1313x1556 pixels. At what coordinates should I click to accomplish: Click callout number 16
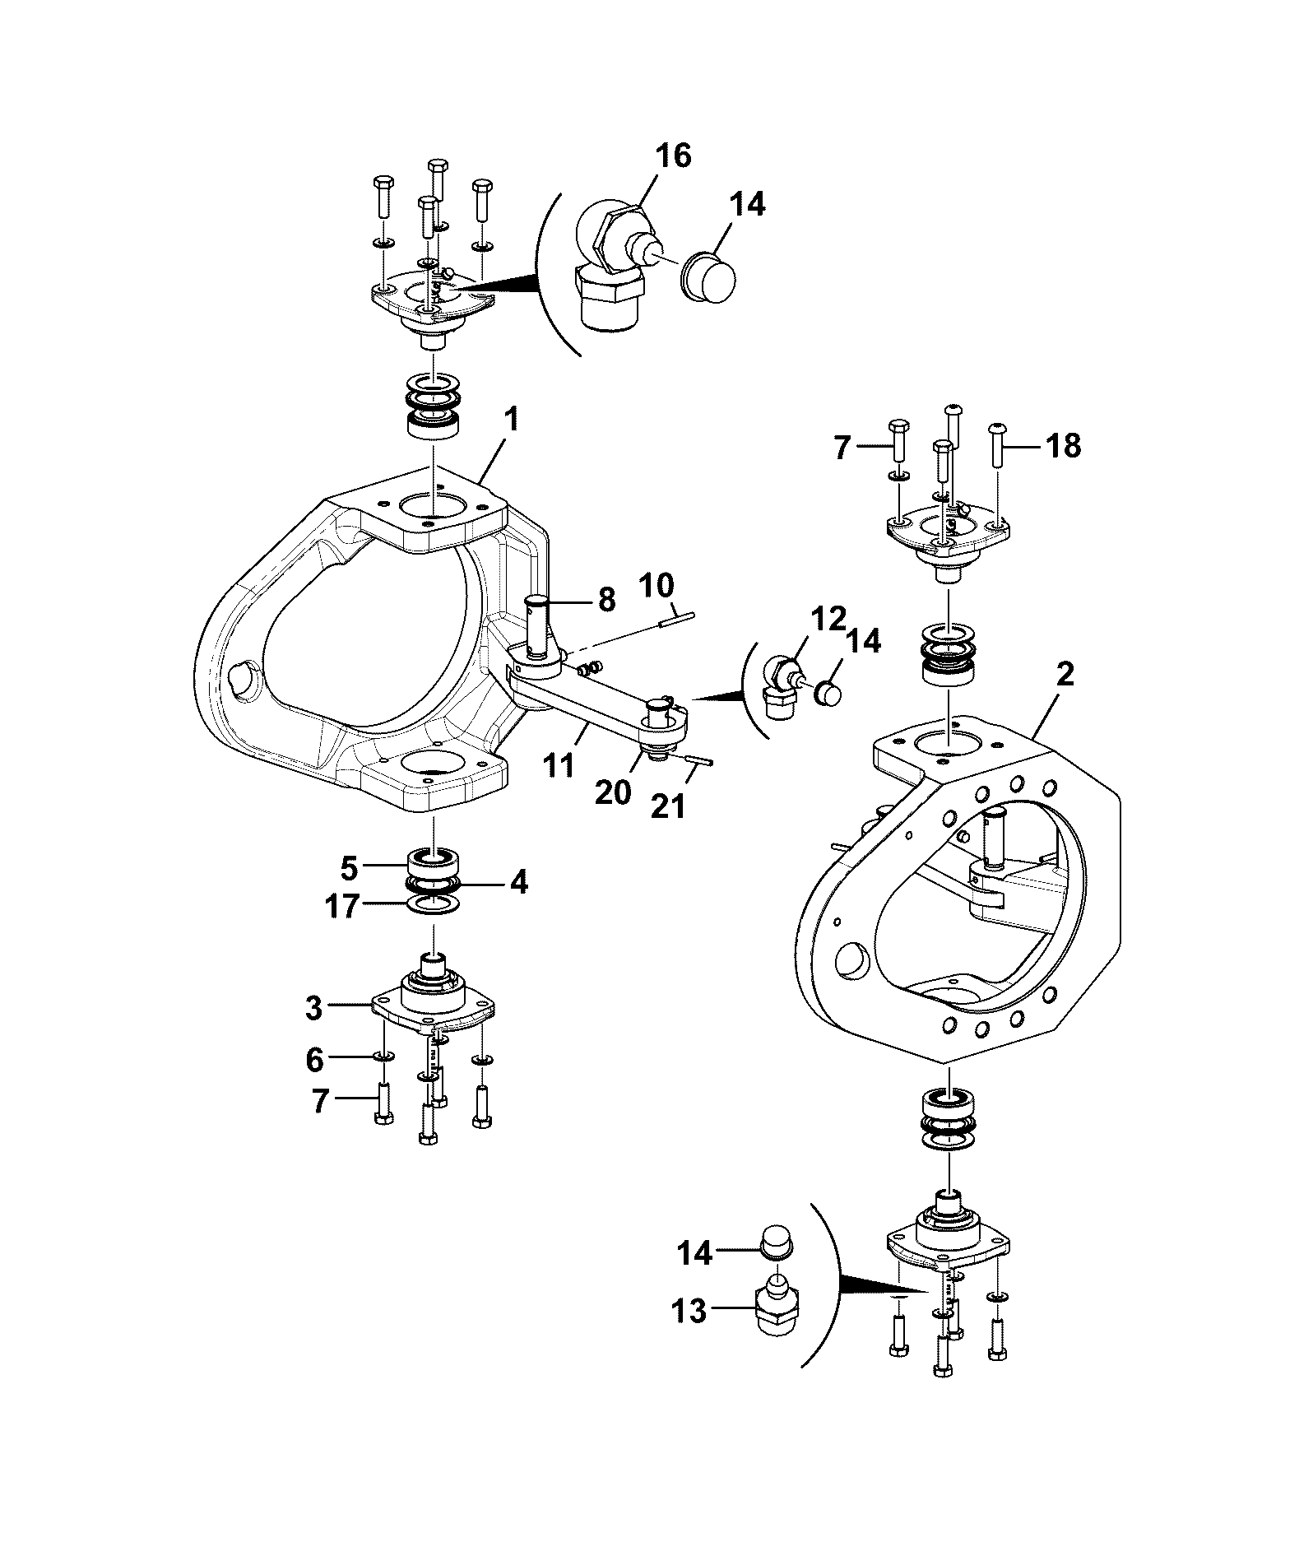(x=673, y=156)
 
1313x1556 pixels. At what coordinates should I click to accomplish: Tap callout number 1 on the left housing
(x=512, y=420)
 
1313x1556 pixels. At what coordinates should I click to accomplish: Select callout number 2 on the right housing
(x=1065, y=676)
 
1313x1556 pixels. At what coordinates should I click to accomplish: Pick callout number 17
(x=342, y=907)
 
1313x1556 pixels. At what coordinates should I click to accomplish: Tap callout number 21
(x=667, y=807)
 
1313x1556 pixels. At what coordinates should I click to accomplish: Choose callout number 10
(x=656, y=586)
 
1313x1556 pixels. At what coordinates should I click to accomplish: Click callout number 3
(x=313, y=1009)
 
